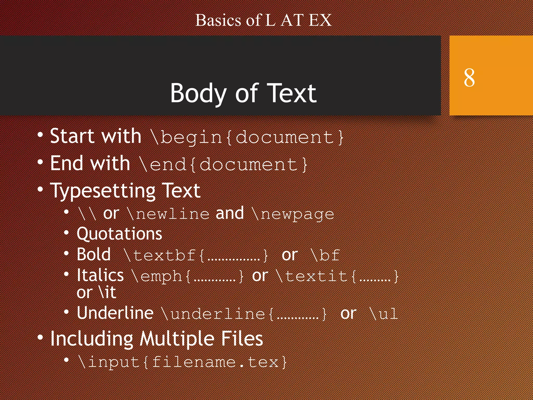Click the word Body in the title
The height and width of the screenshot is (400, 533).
point(198,93)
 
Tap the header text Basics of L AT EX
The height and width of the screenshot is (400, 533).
point(263,20)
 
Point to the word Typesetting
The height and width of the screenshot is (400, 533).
point(103,191)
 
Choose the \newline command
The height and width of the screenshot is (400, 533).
point(168,214)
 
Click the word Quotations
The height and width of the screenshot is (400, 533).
point(119,234)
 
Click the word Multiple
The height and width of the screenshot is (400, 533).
point(177,339)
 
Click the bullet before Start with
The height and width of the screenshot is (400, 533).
point(40,135)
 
